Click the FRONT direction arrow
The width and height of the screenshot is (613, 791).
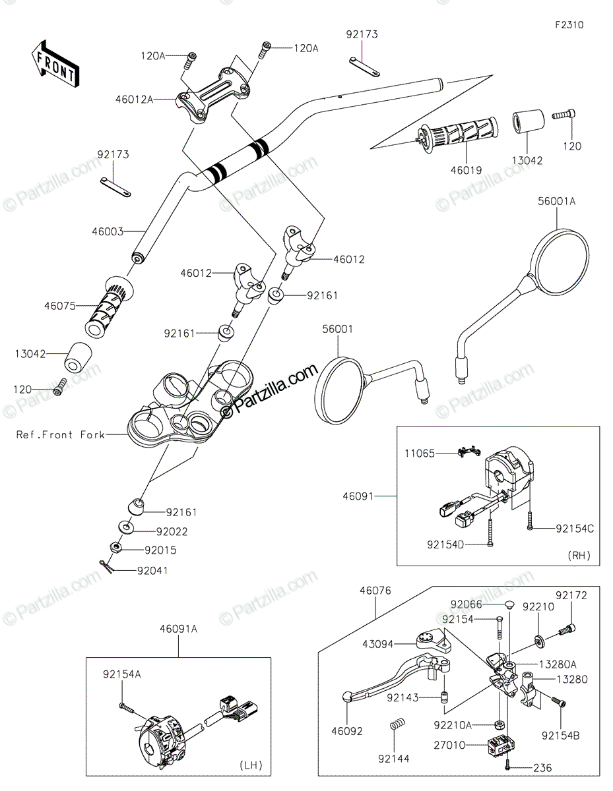point(55,64)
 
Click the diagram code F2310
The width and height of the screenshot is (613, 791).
point(569,25)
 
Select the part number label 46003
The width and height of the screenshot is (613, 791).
point(108,231)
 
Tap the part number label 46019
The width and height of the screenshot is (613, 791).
point(467,170)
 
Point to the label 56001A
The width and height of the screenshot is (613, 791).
point(557,201)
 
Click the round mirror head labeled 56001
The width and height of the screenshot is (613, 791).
point(338,391)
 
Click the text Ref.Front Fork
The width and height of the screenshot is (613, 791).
point(61,434)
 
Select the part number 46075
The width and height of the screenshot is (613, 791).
point(60,306)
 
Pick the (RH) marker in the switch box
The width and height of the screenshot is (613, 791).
point(579,556)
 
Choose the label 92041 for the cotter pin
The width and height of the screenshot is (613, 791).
point(152,570)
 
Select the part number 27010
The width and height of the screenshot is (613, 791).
point(449,746)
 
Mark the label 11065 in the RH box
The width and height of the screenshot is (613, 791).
point(420,454)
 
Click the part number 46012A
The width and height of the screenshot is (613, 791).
point(135,100)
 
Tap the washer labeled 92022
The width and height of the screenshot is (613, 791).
point(125,527)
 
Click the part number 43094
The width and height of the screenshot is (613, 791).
point(377,644)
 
